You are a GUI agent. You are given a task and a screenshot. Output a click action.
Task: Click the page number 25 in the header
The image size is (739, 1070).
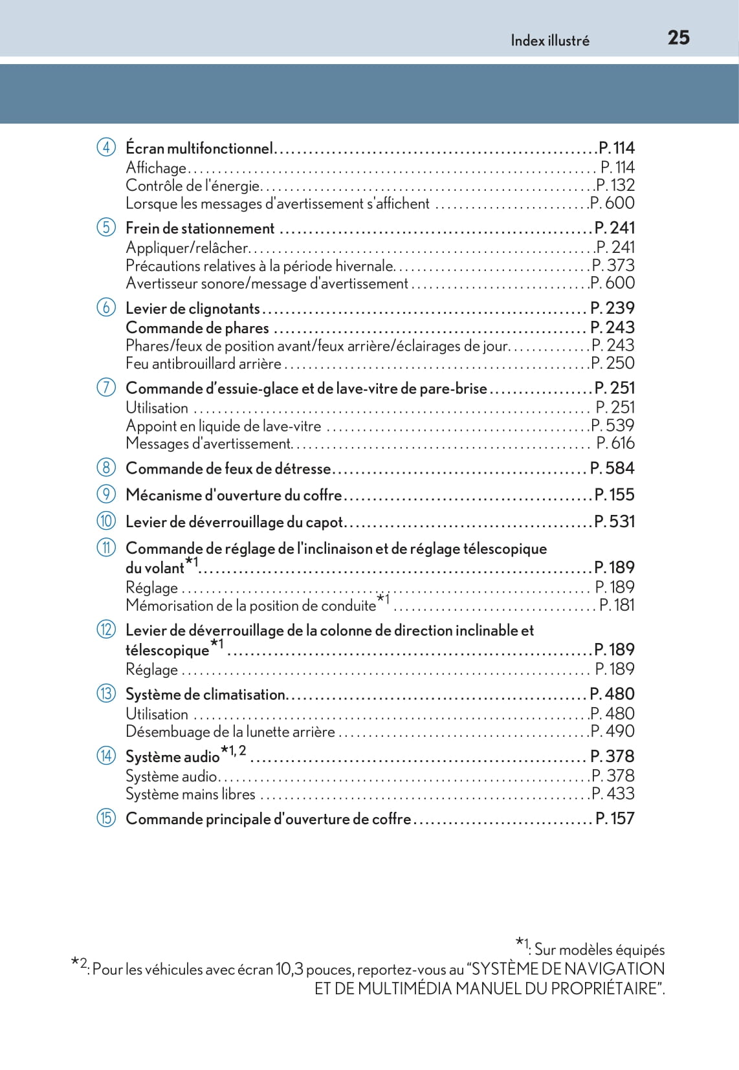click(x=678, y=38)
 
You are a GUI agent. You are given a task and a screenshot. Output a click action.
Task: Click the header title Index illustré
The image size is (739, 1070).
click(x=550, y=41)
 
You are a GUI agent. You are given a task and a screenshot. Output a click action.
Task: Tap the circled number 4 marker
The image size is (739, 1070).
click(x=106, y=147)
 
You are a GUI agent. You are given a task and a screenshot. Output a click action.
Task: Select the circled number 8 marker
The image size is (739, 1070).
click(x=106, y=467)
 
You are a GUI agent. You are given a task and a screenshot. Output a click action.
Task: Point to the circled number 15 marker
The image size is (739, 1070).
click(x=106, y=818)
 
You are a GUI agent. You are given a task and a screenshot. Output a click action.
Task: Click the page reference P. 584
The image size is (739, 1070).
click(x=612, y=468)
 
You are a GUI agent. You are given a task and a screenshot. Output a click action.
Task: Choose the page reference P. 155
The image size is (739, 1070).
click(x=614, y=494)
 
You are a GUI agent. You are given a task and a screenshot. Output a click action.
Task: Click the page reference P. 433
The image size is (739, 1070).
click(x=613, y=793)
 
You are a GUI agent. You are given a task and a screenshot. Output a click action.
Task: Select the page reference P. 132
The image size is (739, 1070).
click(x=615, y=185)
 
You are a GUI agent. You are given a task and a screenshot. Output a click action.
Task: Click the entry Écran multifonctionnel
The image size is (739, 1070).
click(x=199, y=148)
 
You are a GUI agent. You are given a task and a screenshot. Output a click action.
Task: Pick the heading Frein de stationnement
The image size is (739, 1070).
click(x=200, y=228)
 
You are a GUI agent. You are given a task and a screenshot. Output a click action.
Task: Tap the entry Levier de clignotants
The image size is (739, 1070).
click(x=192, y=309)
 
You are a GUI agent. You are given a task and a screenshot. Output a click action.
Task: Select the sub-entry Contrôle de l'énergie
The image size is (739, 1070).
click(x=192, y=186)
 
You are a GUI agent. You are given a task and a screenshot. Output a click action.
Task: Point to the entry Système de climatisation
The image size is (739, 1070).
click(x=205, y=694)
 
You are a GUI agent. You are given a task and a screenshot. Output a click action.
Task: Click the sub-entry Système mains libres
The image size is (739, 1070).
click(x=190, y=794)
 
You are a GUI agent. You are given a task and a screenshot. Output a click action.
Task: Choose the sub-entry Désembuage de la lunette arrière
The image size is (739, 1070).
click(x=230, y=732)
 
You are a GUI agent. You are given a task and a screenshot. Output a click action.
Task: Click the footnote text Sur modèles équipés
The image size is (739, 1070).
click(x=599, y=950)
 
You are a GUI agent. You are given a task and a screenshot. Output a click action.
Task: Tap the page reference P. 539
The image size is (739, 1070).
click(x=613, y=425)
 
